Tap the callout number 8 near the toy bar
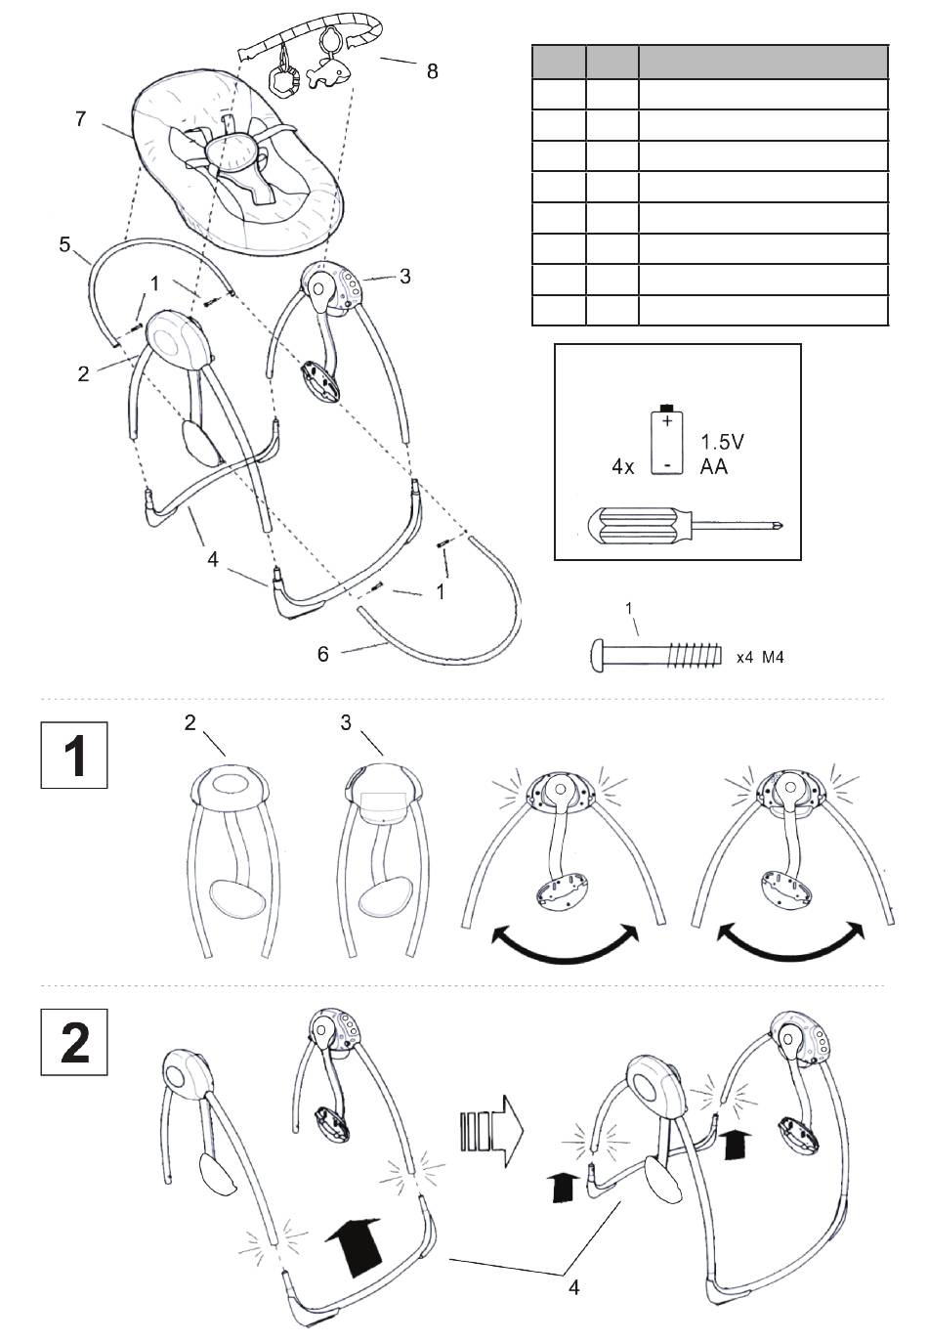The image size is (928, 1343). (x=432, y=70)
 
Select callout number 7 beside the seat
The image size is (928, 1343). (x=81, y=119)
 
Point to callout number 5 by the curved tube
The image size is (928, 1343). (x=65, y=243)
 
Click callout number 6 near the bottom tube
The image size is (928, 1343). (x=323, y=654)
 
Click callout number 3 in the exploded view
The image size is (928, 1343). (x=403, y=276)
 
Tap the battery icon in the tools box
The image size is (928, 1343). (x=665, y=440)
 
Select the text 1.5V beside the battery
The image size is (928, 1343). (x=722, y=442)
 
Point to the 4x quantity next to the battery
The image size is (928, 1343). (x=623, y=467)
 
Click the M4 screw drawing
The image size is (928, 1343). (x=654, y=656)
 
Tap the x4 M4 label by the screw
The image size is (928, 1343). (x=760, y=658)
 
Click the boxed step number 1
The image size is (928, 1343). (x=74, y=756)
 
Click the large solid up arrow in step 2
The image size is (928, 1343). (x=353, y=1243)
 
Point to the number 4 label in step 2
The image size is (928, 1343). (x=574, y=1288)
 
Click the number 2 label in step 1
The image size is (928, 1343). (x=190, y=723)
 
